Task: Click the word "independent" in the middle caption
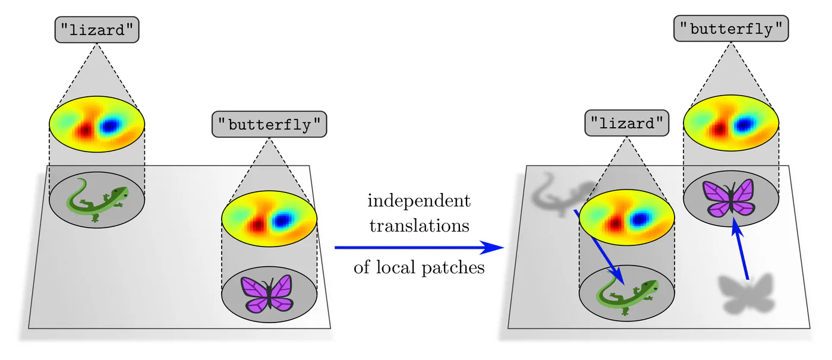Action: (x=419, y=201)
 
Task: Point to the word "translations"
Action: (x=419, y=226)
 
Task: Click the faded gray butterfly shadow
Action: (x=745, y=293)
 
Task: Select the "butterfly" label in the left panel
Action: (x=269, y=125)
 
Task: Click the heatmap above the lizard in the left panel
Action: (x=97, y=125)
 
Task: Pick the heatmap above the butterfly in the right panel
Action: (x=731, y=124)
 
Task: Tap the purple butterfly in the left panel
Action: (x=268, y=292)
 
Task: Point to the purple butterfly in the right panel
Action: (x=729, y=197)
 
